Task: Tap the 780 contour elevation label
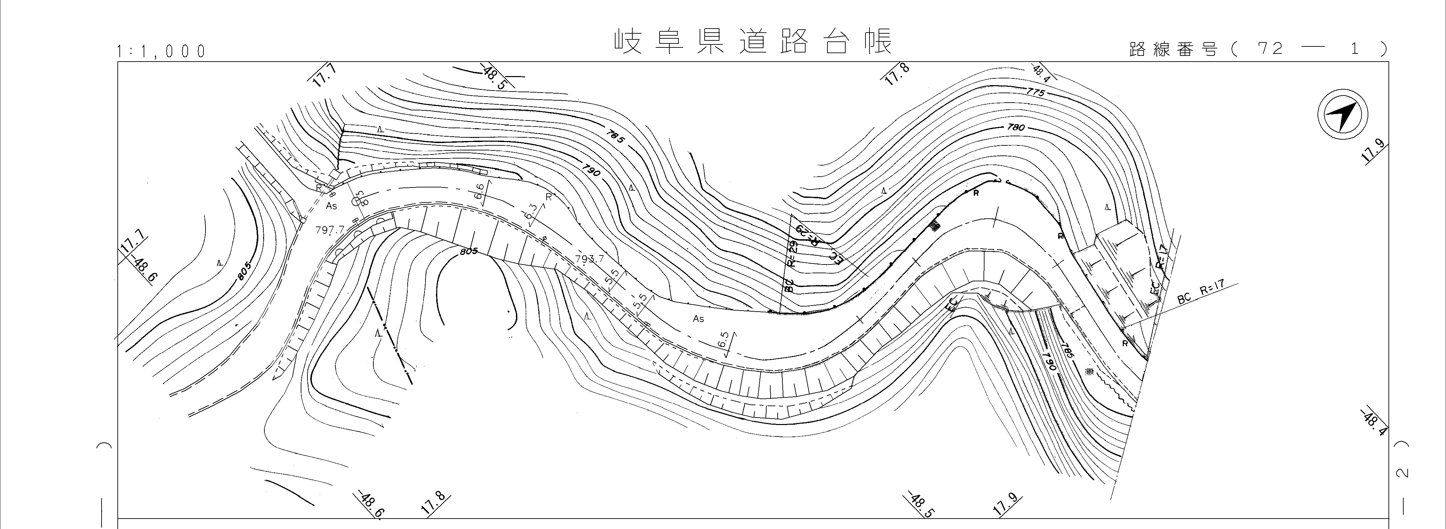[x=1015, y=128]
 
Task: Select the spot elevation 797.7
[x=330, y=230]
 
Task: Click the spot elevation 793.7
[x=589, y=259]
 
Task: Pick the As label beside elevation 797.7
[x=332, y=206]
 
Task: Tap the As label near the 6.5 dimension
[x=698, y=318]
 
